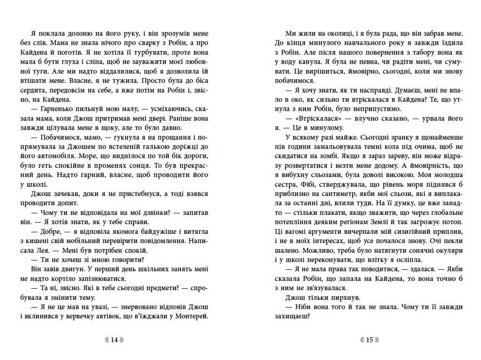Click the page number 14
114,340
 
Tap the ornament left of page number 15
359,340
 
